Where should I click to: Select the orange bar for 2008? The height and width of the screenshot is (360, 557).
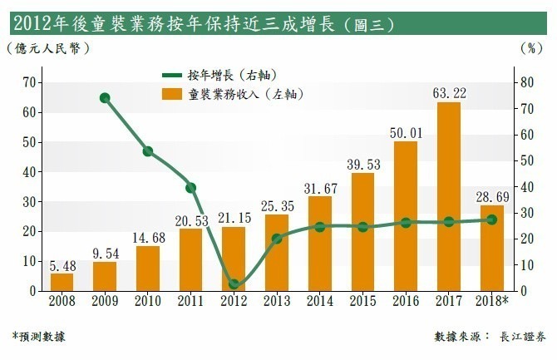62,282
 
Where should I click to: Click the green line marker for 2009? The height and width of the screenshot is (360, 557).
105,97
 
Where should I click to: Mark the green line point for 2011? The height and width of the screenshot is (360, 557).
191,187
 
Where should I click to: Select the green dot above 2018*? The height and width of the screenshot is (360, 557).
491,219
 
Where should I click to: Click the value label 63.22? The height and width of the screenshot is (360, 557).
449,91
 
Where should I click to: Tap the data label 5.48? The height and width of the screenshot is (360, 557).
62,264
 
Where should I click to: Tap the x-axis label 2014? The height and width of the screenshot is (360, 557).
320,301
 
